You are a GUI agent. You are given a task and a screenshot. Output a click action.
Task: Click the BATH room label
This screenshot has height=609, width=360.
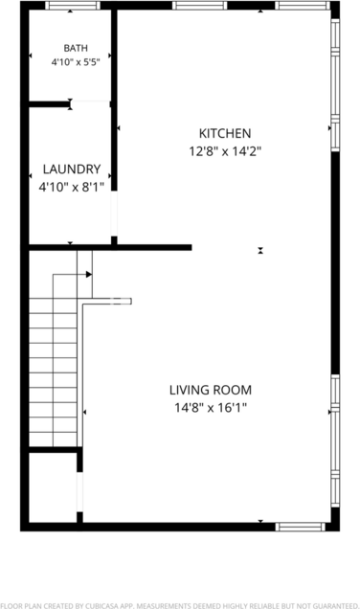point(76,48)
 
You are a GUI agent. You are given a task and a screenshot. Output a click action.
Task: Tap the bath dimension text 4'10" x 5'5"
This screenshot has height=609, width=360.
point(76,61)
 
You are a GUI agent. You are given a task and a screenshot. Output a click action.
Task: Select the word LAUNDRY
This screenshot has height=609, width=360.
point(72,169)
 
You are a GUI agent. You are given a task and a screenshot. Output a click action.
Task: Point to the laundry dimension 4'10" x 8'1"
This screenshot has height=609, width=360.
point(72,188)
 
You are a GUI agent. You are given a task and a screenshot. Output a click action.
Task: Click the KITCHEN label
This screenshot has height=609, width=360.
point(225,134)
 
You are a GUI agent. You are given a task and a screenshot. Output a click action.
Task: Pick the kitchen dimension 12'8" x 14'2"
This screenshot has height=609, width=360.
point(225,151)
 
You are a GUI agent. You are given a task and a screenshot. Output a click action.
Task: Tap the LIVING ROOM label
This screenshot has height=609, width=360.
point(211,390)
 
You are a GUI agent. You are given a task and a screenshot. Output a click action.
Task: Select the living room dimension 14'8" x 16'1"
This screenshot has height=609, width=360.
point(211,408)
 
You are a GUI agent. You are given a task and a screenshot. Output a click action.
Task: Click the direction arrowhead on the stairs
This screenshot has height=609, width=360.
point(89,274)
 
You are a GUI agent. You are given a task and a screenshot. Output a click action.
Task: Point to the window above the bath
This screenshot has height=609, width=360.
point(73,6)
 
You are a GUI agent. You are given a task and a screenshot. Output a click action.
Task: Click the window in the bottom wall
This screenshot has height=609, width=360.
point(301,527)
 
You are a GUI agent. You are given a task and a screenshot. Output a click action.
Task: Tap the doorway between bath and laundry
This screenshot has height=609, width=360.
point(91,103)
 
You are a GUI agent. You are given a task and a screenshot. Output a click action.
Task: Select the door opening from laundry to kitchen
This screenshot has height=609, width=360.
point(114,214)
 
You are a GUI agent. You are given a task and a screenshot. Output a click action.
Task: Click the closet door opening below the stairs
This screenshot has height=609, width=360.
point(79,492)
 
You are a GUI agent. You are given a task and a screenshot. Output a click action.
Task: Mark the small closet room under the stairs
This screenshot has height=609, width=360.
point(53,487)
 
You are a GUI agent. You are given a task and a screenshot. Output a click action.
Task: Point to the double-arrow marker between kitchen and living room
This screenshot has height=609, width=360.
point(260,251)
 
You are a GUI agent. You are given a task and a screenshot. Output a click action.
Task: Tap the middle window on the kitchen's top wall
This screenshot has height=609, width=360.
point(199,6)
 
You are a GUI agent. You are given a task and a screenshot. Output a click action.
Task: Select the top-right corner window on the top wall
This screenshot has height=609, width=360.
point(303,6)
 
